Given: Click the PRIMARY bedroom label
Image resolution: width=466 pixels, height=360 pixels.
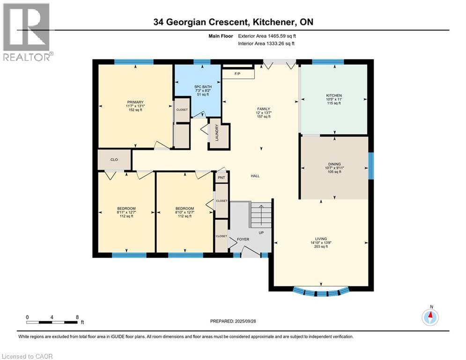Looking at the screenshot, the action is click(x=135, y=102).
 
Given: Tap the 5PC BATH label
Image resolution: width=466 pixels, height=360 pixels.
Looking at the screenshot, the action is click(x=203, y=87).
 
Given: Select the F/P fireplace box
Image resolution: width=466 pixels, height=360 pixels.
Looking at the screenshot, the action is click(x=238, y=74).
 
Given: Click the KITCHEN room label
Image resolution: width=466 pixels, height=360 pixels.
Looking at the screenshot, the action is click(x=334, y=96).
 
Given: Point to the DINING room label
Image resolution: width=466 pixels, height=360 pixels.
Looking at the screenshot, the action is click(x=334, y=164).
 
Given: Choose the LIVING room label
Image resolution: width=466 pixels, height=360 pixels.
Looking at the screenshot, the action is click(x=321, y=239).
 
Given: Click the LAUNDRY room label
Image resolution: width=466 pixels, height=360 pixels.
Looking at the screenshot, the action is click(x=217, y=133).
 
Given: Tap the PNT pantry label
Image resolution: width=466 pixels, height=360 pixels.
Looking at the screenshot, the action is click(x=222, y=178).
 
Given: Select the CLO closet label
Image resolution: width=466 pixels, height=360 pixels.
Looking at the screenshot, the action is click(x=114, y=159).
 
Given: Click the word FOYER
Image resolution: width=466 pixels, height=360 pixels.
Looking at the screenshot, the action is click(x=243, y=239).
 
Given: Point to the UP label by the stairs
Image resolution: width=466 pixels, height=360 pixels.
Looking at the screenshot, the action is click(x=261, y=232).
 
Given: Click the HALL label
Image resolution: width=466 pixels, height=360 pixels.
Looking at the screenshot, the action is click(x=255, y=176).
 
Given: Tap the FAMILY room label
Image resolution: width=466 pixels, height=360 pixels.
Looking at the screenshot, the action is click(x=264, y=109).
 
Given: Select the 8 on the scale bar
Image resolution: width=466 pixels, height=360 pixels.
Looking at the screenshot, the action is click(x=77, y=317).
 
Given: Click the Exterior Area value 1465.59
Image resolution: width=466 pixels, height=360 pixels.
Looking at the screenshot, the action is click(x=278, y=36).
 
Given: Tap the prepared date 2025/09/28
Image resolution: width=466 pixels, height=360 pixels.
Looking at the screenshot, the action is click(x=245, y=321).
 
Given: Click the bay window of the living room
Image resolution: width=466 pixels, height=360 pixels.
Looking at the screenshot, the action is click(x=321, y=292).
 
